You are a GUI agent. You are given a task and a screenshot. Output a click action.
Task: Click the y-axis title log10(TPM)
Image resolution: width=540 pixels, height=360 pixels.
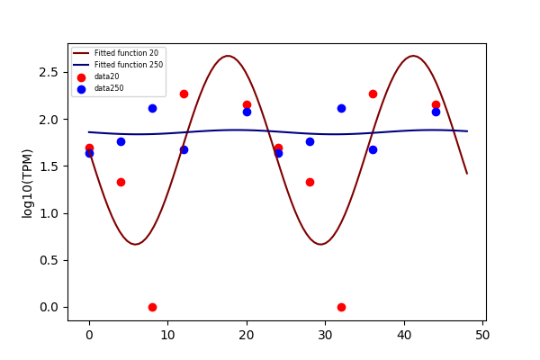[27, 184]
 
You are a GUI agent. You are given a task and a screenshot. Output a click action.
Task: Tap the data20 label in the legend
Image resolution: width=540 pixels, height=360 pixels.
[107, 76]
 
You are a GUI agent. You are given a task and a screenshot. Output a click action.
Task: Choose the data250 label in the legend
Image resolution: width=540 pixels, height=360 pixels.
[109, 88]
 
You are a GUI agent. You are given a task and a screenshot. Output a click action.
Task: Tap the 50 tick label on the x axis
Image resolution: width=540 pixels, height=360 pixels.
[482, 335]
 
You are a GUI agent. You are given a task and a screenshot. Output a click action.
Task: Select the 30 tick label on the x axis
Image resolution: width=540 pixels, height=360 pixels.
[325, 335]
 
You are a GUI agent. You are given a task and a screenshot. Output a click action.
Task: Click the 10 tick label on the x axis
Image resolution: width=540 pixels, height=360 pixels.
[167, 335]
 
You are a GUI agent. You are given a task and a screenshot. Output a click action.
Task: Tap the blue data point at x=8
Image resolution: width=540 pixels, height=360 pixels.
[152, 109]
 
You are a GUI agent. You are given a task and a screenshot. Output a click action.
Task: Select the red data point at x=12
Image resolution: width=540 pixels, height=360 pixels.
[184, 94]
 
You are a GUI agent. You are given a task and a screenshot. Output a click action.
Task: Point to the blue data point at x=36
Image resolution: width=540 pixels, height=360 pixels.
[373, 150]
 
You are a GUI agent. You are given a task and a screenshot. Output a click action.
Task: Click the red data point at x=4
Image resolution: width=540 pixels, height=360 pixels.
[121, 182]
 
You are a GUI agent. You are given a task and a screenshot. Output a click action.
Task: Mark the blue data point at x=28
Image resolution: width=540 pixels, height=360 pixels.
[310, 142]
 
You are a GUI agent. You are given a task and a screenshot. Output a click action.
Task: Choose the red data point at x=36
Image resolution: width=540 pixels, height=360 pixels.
[373, 94]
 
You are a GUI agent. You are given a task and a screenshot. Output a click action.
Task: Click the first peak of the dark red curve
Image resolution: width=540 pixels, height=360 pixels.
[228, 56]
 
